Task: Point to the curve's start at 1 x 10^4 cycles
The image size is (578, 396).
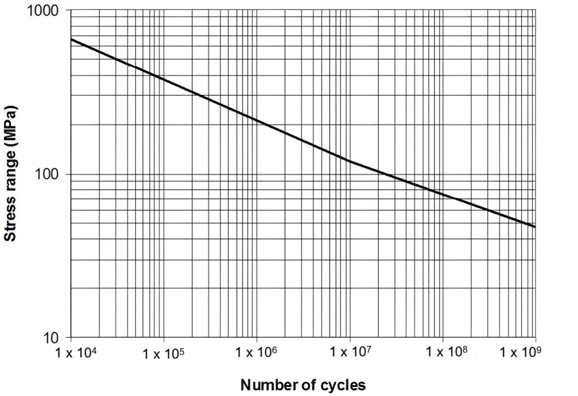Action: pos(72,39)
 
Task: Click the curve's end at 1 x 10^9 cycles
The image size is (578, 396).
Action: pos(535,227)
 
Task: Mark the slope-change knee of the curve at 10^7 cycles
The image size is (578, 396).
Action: pos(350,161)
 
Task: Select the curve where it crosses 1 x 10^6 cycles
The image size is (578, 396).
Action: pos(257,120)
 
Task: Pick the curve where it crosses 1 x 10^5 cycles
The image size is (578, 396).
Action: pos(164,78)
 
